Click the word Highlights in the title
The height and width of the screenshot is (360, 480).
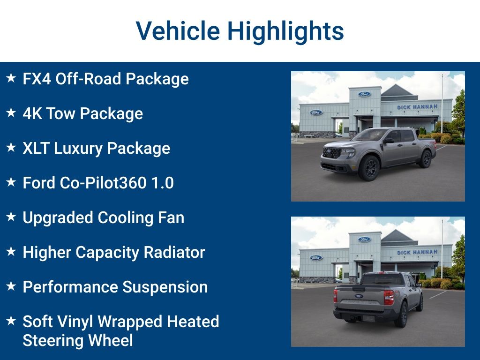285,31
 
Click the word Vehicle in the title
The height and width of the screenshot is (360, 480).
178,31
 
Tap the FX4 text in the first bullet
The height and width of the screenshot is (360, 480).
37,79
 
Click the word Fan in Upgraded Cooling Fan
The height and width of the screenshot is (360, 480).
171,217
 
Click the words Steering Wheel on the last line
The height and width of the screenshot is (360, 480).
77,340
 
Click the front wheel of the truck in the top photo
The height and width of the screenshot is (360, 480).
369,167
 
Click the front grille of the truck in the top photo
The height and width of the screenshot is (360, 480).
332,153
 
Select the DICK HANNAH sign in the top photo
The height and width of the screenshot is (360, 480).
417,107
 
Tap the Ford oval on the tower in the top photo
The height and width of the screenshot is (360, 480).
364,94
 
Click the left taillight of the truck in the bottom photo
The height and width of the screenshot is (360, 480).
336,296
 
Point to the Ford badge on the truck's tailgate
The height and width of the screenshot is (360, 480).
359,296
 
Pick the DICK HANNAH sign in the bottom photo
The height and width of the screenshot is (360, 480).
417,252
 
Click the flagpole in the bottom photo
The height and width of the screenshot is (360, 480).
442,248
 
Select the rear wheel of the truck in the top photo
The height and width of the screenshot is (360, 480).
426,158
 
